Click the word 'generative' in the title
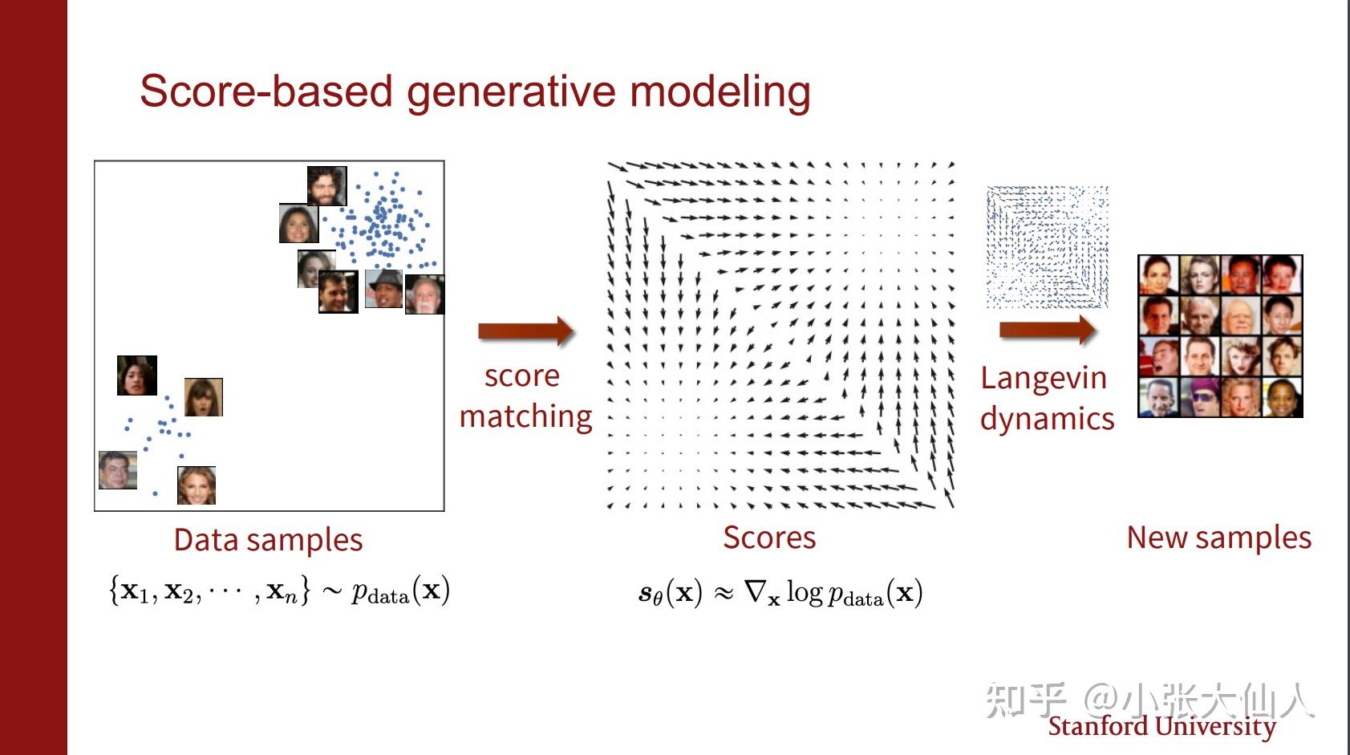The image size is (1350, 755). (513, 91)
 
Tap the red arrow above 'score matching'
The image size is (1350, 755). (525, 331)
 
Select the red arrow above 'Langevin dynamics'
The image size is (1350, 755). (1047, 330)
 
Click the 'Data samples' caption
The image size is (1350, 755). (268, 540)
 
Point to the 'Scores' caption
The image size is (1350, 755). (768, 538)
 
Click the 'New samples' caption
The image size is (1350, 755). (1218, 538)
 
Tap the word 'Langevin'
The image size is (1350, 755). (1043, 378)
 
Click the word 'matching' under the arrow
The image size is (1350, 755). (525, 416)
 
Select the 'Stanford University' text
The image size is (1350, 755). (1161, 726)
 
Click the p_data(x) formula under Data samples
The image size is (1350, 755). (400, 591)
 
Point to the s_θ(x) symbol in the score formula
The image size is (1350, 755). (670, 593)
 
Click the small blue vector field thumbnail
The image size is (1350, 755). (1047, 247)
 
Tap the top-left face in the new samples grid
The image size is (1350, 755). (1158, 276)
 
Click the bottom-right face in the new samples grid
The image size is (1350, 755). (1282, 397)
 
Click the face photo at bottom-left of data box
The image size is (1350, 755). (118, 470)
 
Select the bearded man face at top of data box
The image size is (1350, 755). (326, 186)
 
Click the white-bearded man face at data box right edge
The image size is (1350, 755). (424, 294)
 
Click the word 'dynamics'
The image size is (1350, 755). (1047, 419)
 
